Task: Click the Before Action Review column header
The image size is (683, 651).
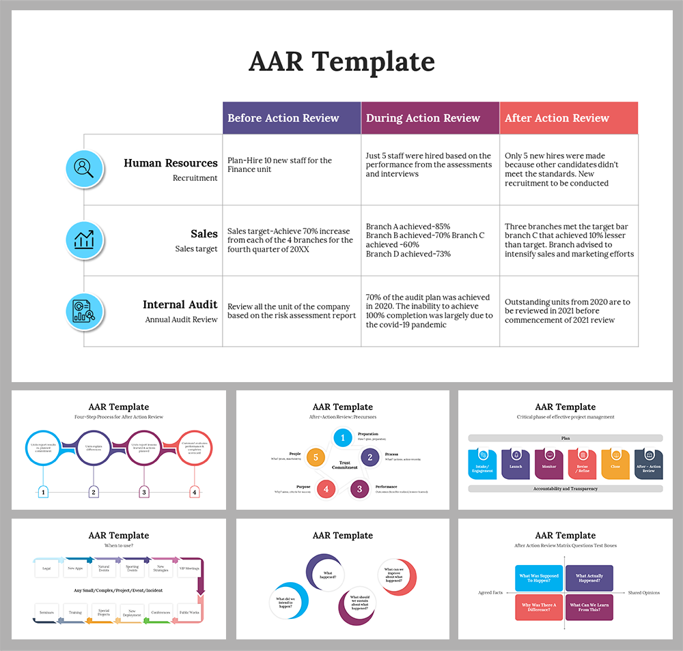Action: click(x=292, y=118)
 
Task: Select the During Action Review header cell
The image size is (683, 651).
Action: click(x=430, y=118)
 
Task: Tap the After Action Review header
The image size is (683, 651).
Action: click(x=569, y=118)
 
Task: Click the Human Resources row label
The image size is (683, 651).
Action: click(x=171, y=163)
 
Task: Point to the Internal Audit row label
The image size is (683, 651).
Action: click(x=180, y=305)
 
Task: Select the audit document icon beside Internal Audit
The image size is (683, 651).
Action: click(x=85, y=311)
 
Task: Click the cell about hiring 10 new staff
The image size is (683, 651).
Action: click(x=292, y=165)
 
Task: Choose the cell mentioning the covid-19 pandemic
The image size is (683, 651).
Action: click(x=430, y=311)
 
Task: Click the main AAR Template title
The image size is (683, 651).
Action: click(x=341, y=62)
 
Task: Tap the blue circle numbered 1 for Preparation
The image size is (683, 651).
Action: click(x=342, y=437)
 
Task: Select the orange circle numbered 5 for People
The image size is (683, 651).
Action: click(x=316, y=457)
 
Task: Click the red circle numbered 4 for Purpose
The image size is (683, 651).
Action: click(x=326, y=489)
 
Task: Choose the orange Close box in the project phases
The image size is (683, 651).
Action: click(x=615, y=463)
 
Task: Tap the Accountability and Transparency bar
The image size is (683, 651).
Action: click(x=566, y=489)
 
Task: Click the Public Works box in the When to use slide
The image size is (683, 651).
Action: click(x=189, y=611)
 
